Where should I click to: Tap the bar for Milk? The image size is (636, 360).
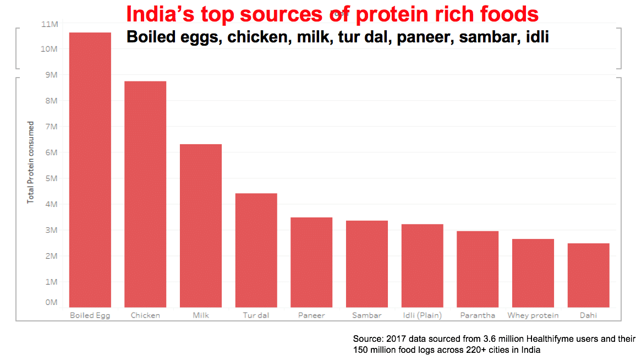(x=201, y=226)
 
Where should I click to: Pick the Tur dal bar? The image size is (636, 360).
(x=256, y=250)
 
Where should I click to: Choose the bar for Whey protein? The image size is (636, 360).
(x=533, y=273)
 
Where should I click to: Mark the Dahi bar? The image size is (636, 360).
(x=588, y=275)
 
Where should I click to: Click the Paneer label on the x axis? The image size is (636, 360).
(x=311, y=315)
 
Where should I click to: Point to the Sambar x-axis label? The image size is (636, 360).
(x=367, y=315)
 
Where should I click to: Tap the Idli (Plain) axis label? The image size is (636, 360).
(x=422, y=315)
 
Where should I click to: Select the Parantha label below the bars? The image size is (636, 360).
(x=478, y=315)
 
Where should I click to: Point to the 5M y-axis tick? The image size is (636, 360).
(x=51, y=178)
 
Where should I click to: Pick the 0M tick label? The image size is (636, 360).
(x=51, y=302)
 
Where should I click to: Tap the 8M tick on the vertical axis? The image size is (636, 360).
(x=51, y=101)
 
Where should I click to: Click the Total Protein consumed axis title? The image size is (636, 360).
(x=31, y=162)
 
